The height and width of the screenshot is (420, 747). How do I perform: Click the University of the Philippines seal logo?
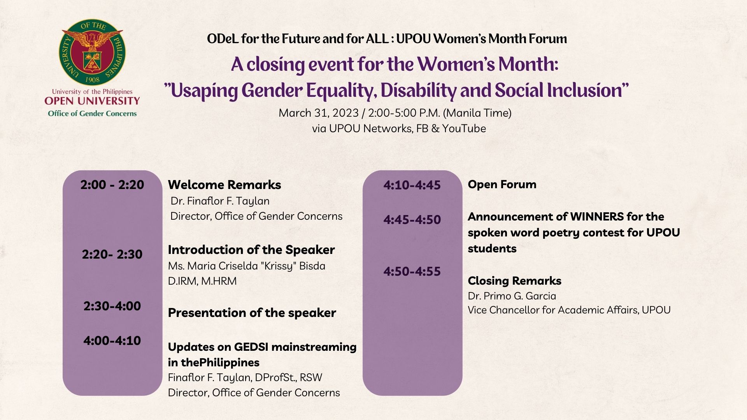tap(92, 53)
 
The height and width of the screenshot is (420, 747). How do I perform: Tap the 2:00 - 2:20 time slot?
tap(112, 185)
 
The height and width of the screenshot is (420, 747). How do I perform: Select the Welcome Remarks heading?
tap(224, 185)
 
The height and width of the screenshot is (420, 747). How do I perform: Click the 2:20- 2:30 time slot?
tap(112, 254)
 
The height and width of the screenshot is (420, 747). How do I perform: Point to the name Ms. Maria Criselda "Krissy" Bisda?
tap(246, 266)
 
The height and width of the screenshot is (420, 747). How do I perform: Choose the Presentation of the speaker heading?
tap(252, 313)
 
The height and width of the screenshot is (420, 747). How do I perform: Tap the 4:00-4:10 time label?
tap(112, 341)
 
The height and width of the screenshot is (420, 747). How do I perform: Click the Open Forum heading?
tap(502, 184)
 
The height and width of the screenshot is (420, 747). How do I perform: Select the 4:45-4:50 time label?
tap(412, 220)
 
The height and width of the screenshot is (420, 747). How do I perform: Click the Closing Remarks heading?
tap(514, 281)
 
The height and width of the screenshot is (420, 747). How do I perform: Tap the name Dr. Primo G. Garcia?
tap(512, 296)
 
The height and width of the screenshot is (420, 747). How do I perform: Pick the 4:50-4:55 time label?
tap(412, 271)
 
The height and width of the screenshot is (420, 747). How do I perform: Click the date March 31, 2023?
tap(318, 113)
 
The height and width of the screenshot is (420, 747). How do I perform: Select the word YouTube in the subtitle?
tap(464, 129)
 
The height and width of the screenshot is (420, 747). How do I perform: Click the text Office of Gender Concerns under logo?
tap(92, 114)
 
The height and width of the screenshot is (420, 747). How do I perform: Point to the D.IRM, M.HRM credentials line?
tap(202, 281)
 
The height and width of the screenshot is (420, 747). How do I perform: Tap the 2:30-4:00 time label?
tap(112, 306)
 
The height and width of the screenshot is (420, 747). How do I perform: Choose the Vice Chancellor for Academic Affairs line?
tap(569, 310)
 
